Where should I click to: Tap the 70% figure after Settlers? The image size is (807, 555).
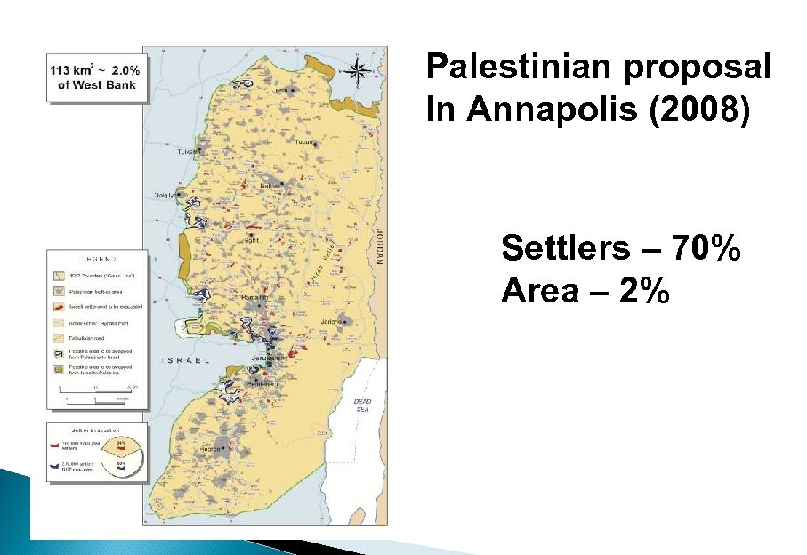(706, 250)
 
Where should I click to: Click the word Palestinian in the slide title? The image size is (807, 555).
(529, 67)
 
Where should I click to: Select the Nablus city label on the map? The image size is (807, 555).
(270, 185)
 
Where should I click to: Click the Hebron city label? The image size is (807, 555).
(211, 449)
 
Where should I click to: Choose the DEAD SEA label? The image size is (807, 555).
(362, 406)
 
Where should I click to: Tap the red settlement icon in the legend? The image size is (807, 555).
(55, 306)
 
